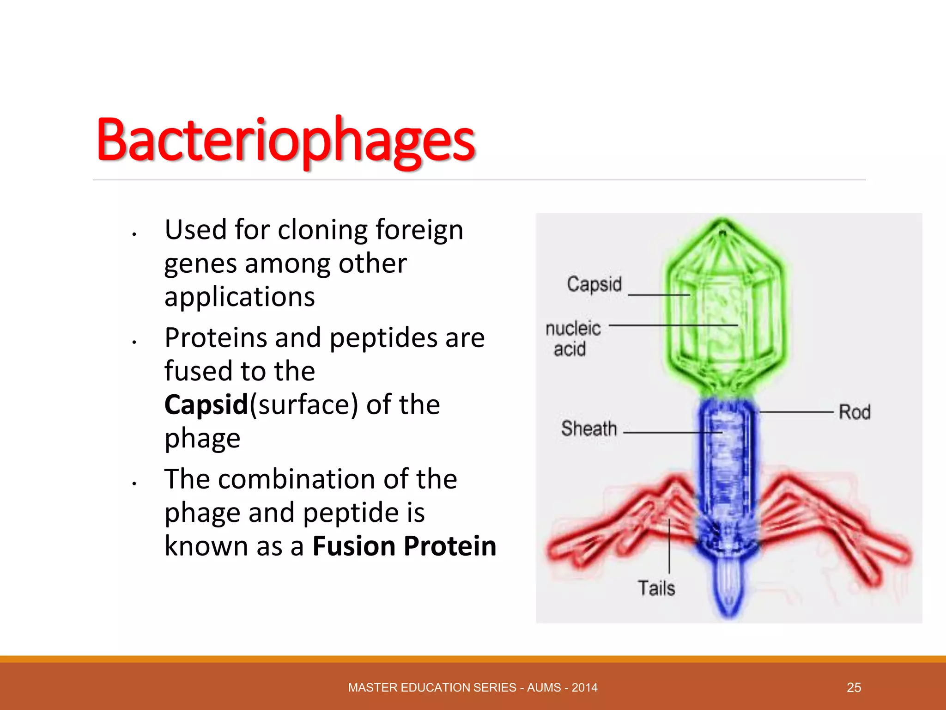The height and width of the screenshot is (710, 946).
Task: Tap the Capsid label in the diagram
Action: click(594, 284)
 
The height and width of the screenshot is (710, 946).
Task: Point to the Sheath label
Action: click(589, 428)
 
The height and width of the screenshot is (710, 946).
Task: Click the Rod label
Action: click(855, 412)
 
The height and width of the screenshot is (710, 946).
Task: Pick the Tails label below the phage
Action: click(656, 588)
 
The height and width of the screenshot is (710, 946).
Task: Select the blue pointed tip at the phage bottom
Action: click(729, 596)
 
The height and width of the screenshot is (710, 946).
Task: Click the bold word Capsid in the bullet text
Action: click(206, 404)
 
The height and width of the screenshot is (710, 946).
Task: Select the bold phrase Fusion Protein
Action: click(404, 546)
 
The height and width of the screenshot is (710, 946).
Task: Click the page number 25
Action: click(854, 687)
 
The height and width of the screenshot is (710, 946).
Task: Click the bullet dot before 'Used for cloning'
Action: click(133, 234)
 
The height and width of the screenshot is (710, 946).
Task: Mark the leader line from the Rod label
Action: click(797, 411)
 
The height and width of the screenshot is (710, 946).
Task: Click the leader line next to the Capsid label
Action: click(658, 294)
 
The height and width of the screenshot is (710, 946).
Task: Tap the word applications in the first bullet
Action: click(240, 297)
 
